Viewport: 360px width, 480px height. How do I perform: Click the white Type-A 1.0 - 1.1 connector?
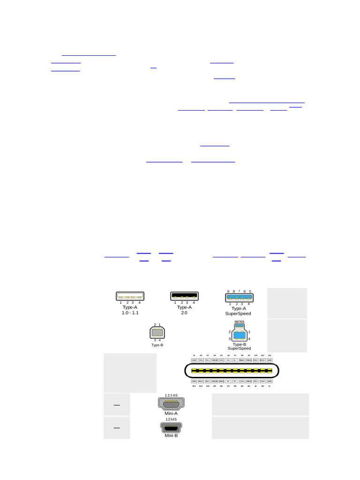click(x=130, y=296)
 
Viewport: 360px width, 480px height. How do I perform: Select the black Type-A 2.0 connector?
click(x=184, y=296)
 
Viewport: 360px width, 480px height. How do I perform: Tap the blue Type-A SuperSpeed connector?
click(x=239, y=297)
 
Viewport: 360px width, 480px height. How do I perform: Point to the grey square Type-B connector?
click(x=157, y=333)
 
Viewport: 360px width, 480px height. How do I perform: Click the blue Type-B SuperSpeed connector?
click(x=239, y=335)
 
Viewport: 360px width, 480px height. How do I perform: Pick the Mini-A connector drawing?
click(x=171, y=404)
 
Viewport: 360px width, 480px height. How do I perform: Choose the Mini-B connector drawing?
click(x=171, y=427)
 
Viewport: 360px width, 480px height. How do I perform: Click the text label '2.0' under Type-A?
click(x=184, y=313)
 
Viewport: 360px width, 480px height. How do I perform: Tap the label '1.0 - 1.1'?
click(x=130, y=313)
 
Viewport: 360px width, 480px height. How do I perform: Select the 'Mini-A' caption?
click(x=171, y=413)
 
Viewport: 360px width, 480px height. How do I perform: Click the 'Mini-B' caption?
click(x=171, y=435)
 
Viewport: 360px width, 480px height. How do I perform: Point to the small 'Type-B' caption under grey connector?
click(x=157, y=345)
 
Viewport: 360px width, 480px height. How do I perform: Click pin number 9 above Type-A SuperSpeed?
click(x=228, y=292)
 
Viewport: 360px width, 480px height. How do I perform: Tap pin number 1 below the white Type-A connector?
click(x=121, y=303)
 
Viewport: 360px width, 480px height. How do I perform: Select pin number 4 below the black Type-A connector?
click(x=194, y=303)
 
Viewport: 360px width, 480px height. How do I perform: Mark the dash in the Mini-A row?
click(x=117, y=405)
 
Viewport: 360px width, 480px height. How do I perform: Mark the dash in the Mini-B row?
click(x=117, y=427)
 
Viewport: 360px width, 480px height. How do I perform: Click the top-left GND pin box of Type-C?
click(x=194, y=360)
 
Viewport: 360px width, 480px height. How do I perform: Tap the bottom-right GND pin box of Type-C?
click(x=270, y=381)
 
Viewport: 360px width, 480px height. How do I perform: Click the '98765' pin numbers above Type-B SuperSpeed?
click(x=239, y=322)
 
